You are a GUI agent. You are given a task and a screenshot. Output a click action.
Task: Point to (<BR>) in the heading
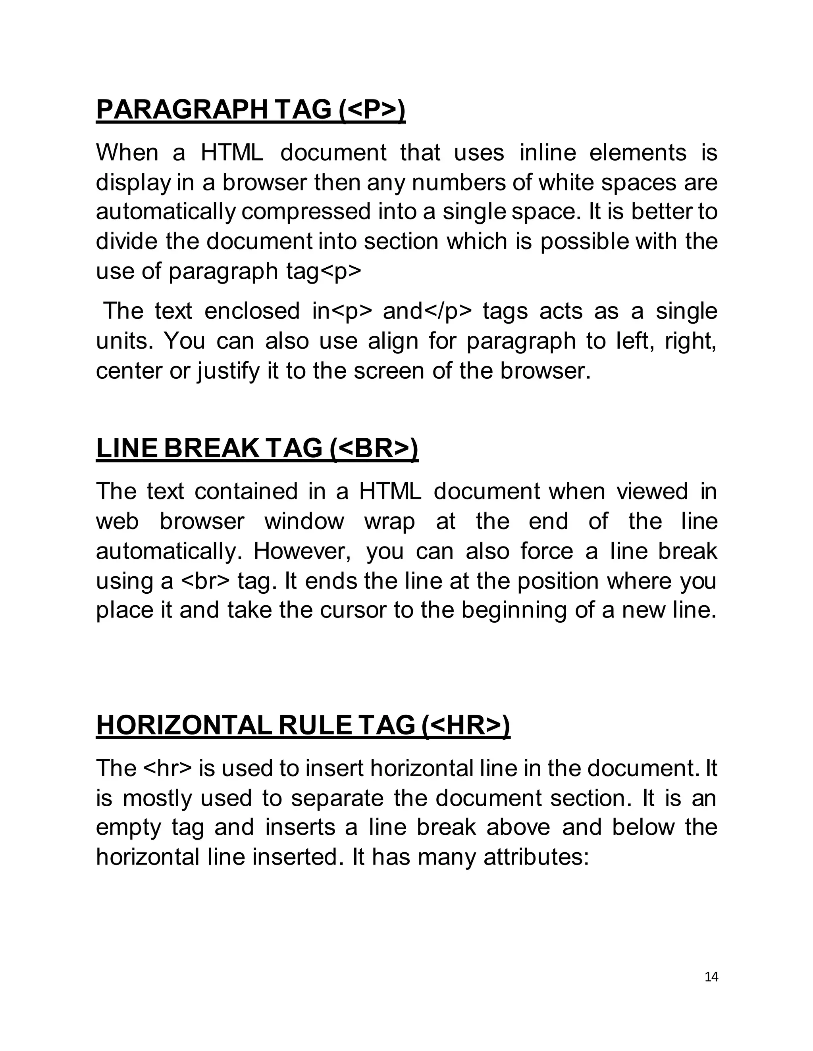pos(374,448)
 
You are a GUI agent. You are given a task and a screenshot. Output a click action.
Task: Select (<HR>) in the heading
pos(465,725)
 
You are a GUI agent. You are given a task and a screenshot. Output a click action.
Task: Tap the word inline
pos(547,153)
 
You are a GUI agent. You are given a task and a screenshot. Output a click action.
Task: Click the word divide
pos(126,241)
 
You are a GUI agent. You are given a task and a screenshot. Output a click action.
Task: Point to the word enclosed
pos(252,311)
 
